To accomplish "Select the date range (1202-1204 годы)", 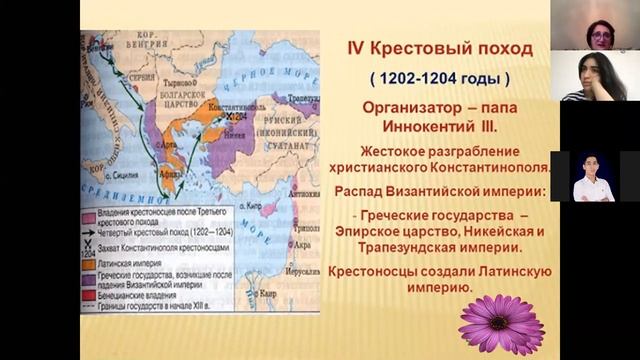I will coord(439,77).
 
